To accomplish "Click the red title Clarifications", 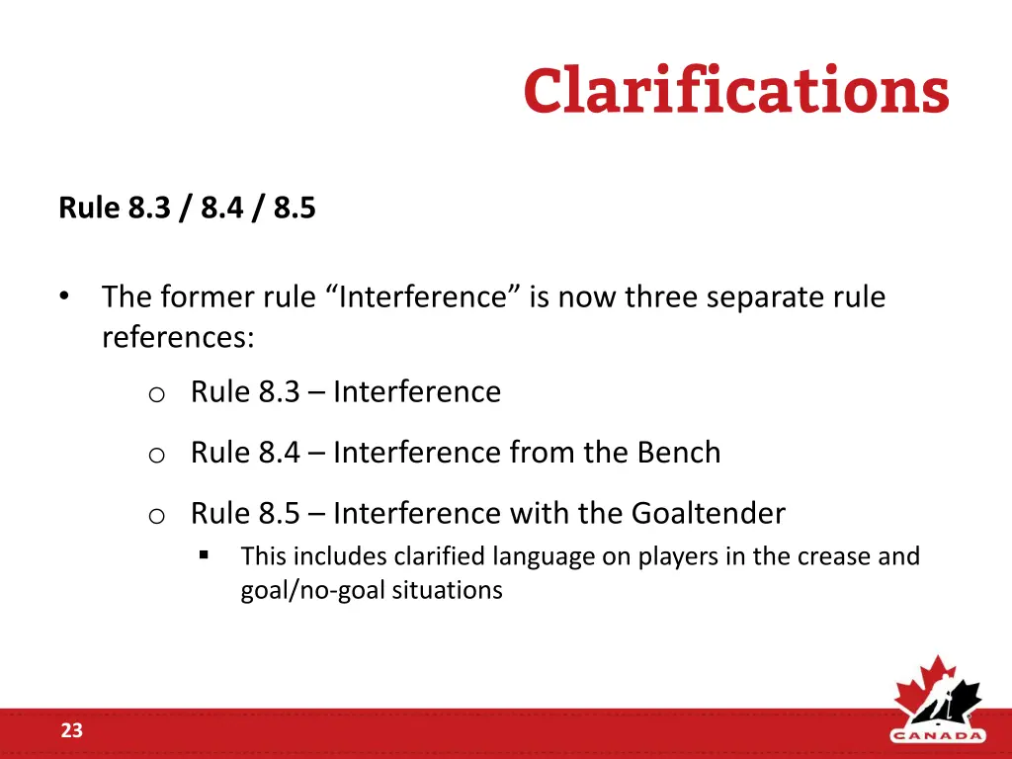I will [x=736, y=91].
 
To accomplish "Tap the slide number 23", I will [x=71, y=731].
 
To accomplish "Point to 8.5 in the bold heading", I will [x=295, y=209].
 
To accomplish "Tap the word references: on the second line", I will [x=178, y=338].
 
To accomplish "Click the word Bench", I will [x=678, y=453].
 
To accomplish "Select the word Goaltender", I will [x=708, y=514].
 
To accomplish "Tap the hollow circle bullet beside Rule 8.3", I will [x=155, y=394].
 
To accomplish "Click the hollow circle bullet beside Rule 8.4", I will [x=155, y=455].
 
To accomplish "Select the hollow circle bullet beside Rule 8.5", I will [x=155, y=516].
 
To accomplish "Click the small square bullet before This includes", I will [x=204, y=555].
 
